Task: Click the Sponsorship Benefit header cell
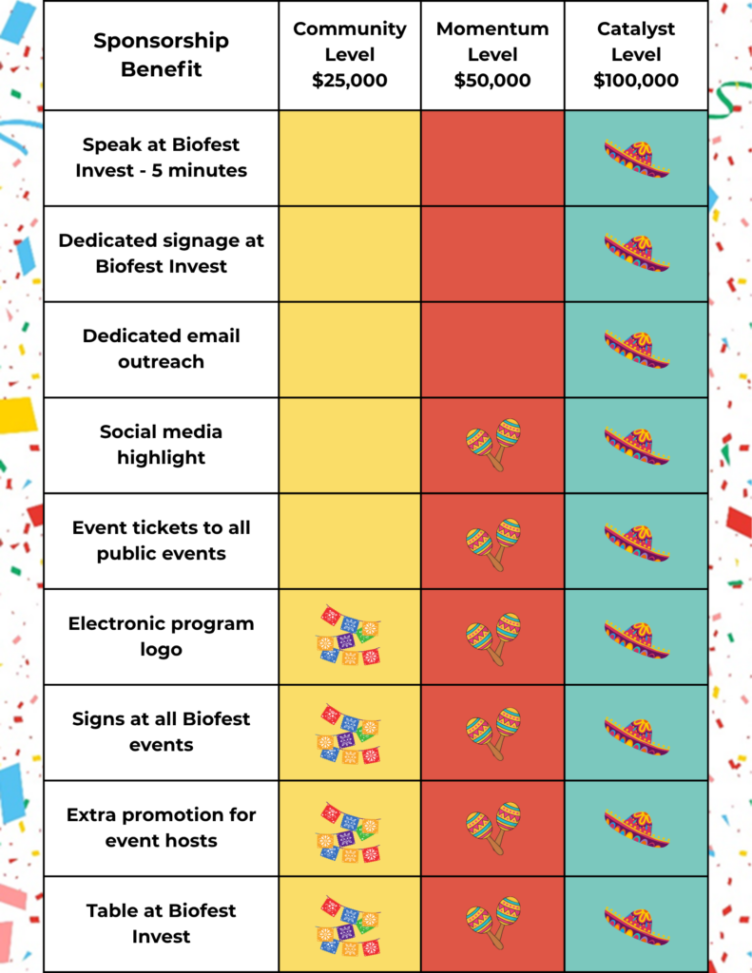(161, 55)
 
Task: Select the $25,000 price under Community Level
(350, 80)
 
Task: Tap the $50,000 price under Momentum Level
(492, 80)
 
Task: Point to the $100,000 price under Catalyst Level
(636, 80)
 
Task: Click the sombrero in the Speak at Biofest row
(637, 159)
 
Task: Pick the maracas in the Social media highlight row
(493, 445)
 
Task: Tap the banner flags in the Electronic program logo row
(348, 636)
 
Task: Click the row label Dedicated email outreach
(161, 349)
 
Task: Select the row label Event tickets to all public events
(161, 541)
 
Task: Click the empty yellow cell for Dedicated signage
(350, 254)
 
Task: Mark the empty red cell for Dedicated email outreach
(492, 350)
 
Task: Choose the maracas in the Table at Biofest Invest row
(493, 923)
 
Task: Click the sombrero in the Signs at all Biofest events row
(637, 736)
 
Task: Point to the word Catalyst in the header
(636, 29)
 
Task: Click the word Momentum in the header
(492, 29)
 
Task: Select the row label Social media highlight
(161, 445)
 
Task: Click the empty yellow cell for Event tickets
(350, 541)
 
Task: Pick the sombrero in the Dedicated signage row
(637, 253)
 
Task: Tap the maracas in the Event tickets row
(493, 544)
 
